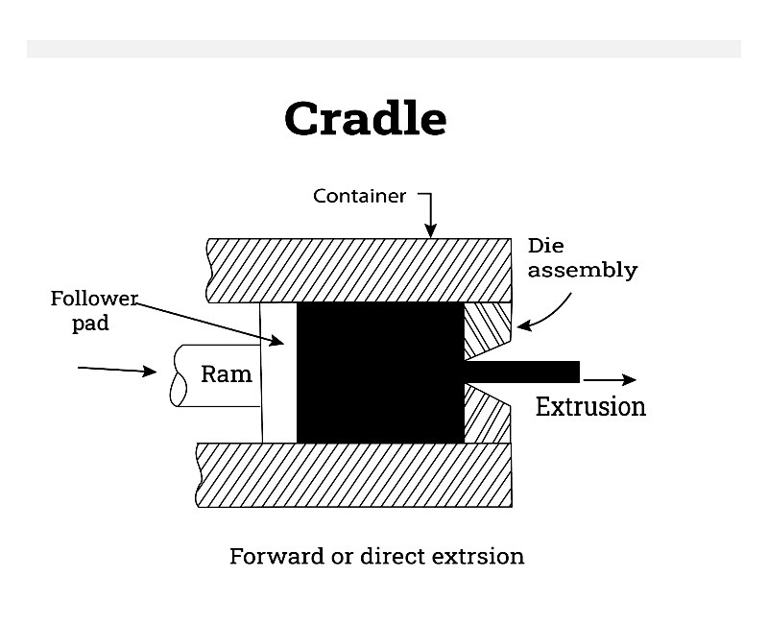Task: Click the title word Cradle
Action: coord(366,118)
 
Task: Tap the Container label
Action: coord(359,196)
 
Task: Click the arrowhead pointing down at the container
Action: coord(430,230)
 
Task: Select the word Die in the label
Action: coord(545,246)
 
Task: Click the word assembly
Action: coord(583,271)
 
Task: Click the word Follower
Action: coord(94,299)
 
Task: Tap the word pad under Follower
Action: coord(90,324)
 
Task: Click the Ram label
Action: coord(227,374)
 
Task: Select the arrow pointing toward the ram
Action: coord(117,370)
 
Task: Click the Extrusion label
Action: coord(590,406)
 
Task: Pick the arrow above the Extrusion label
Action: coord(610,379)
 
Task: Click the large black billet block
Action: coord(380,373)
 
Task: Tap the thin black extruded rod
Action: coord(522,373)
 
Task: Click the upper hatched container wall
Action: coord(359,271)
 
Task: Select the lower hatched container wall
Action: coord(353,475)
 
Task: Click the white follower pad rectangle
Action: coord(278,373)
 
